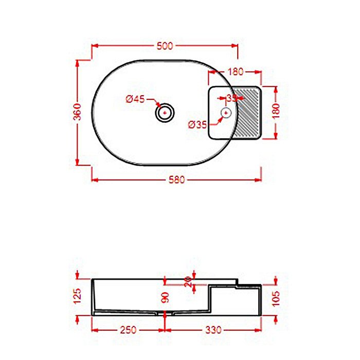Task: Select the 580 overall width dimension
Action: pyautogui.click(x=177, y=180)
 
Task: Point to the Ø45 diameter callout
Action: pyautogui.click(x=135, y=99)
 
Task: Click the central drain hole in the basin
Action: pyautogui.click(x=165, y=112)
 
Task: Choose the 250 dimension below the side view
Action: pyautogui.click(x=128, y=329)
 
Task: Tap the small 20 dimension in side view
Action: pyautogui.click(x=188, y=281)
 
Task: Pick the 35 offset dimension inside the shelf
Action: pyautogui.click(x=231, y=97)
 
